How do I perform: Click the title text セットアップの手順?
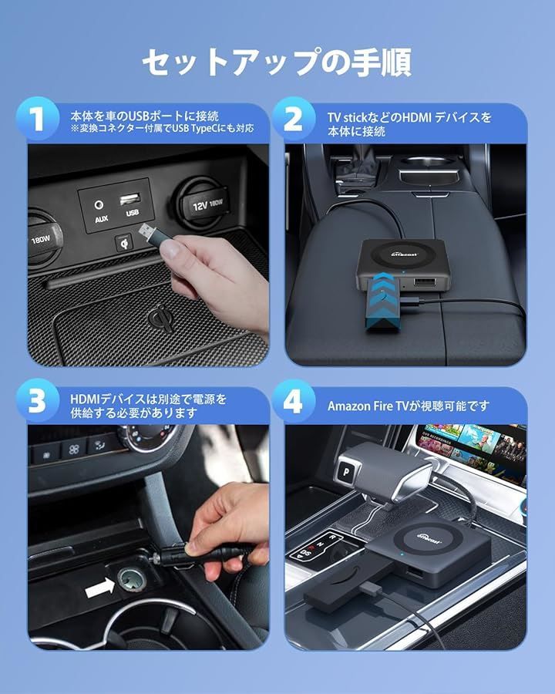tap(277, 62)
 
